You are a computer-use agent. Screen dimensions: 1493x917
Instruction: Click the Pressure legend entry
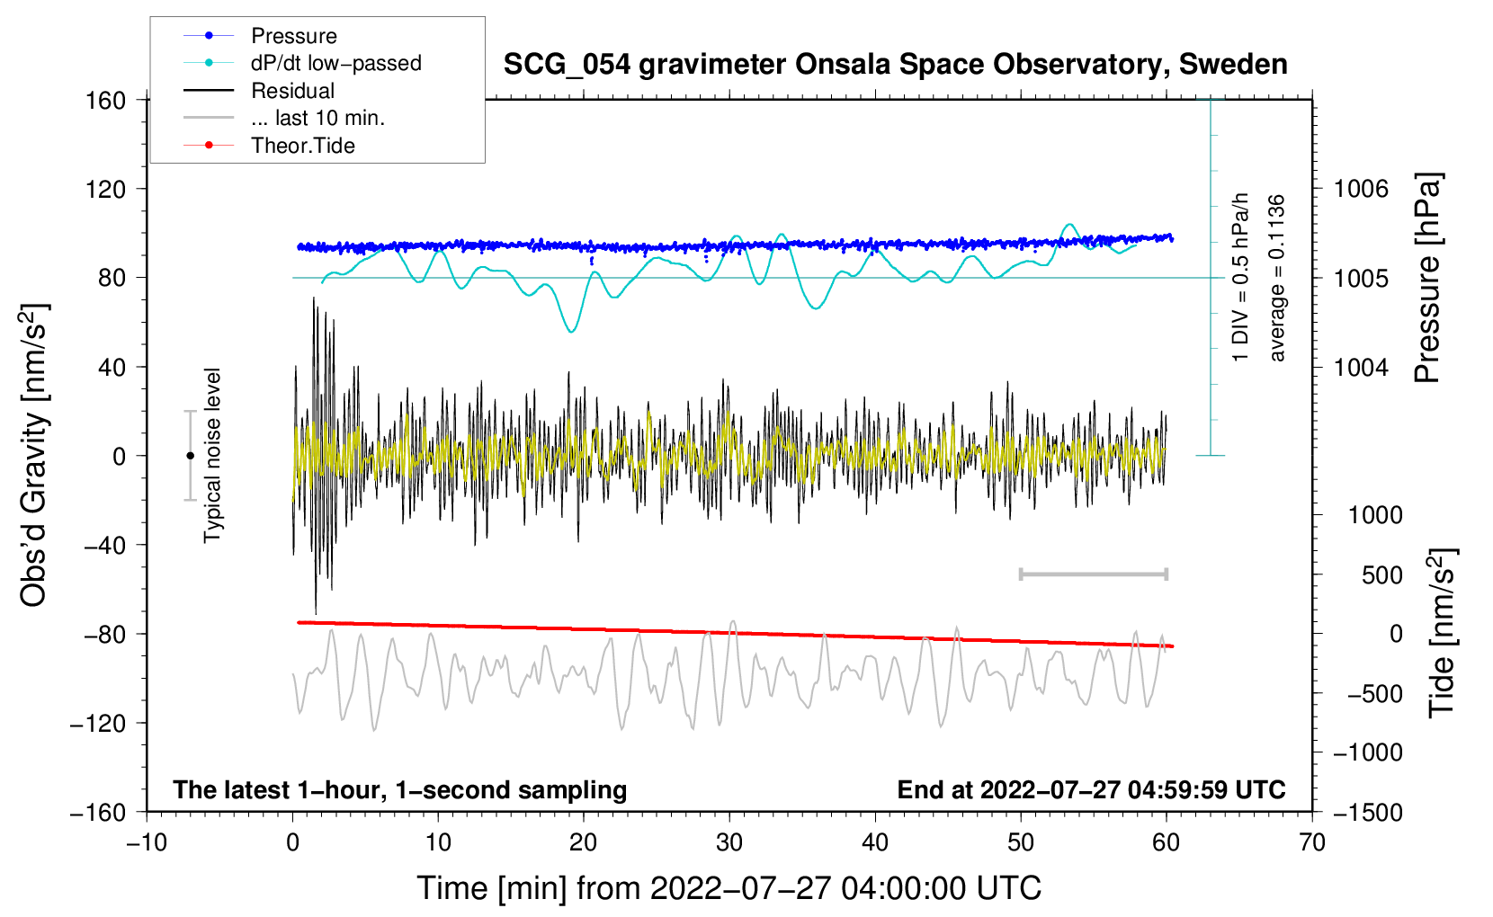tap(261, 35)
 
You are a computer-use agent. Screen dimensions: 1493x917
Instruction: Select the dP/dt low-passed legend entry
tap(302, 63)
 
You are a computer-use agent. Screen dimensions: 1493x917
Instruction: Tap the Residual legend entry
tap(259, 90)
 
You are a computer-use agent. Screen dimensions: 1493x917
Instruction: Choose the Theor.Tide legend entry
tap(269, 146)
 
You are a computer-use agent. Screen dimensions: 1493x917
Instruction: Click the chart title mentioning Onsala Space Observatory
tap(895, 65)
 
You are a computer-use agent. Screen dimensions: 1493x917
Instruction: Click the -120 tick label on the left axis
tap(98, 723)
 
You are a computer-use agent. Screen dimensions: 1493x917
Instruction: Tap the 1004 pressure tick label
tap(1361, 367)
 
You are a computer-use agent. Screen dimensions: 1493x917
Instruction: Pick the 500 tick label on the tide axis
tap(1381, 575)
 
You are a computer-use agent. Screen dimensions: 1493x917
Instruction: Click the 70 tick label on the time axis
tap(1311, 843)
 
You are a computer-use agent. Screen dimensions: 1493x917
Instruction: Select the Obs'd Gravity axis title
tap(33, 455)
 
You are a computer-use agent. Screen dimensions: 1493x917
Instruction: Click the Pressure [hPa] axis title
tap(1427, 278)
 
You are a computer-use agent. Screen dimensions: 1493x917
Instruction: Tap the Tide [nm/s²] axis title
tap(1442, 634)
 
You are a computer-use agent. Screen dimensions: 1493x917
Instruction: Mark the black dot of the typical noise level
tap(190, 456)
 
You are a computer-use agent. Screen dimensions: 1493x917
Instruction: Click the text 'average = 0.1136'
tap(1275, 279)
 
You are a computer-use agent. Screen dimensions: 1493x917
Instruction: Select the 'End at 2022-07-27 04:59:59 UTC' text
tap(1091, 789)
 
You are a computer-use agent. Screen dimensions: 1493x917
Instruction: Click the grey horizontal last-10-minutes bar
tap(1093, 574)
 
